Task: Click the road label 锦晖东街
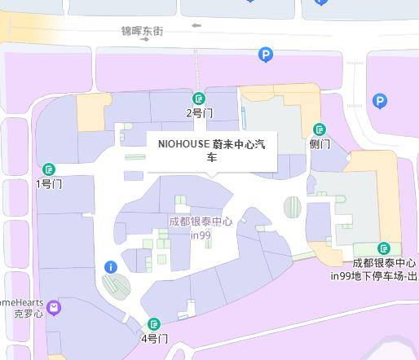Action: point(142,31)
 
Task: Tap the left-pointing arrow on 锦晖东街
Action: point(196,26)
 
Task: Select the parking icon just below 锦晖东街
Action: point(265,55)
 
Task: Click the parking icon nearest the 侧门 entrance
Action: point(379,101)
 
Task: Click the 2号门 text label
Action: point(199,113)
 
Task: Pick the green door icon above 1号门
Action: point(49,169)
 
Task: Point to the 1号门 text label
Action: point(49,184)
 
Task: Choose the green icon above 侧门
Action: point(320,130)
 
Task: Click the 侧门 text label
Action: point(320,144)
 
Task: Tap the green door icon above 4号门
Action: point(154,324)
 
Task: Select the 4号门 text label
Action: point(154,339)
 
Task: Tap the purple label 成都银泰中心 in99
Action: point(201,228)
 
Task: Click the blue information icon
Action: point(111,267)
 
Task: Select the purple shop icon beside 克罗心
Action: point(54,307)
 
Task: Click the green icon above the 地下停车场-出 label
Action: point(384,248)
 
